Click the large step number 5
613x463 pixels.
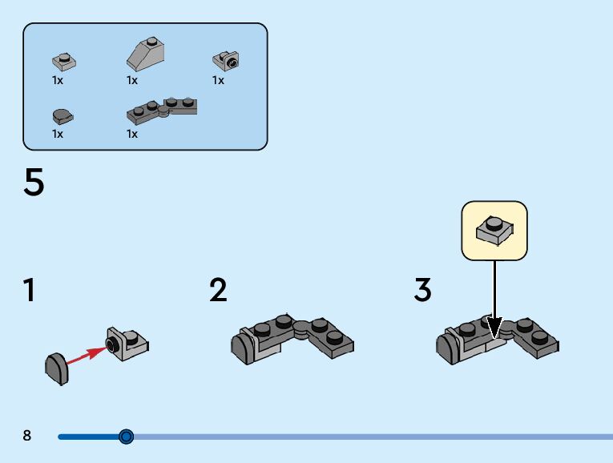[34, 183]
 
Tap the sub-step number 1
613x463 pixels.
[30, 290]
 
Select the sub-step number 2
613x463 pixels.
[218, 290]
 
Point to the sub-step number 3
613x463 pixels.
[423, 290]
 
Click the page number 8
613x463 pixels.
[27, 436]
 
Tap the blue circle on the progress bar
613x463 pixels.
[126, 437]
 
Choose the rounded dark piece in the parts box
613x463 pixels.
[63, 116]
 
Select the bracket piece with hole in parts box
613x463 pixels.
[226, 60]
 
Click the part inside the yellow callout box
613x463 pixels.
[494, 230]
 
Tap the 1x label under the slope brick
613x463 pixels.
[132, 80]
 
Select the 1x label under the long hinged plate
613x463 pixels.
[132, 134]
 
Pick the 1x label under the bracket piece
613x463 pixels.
[218, 80]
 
